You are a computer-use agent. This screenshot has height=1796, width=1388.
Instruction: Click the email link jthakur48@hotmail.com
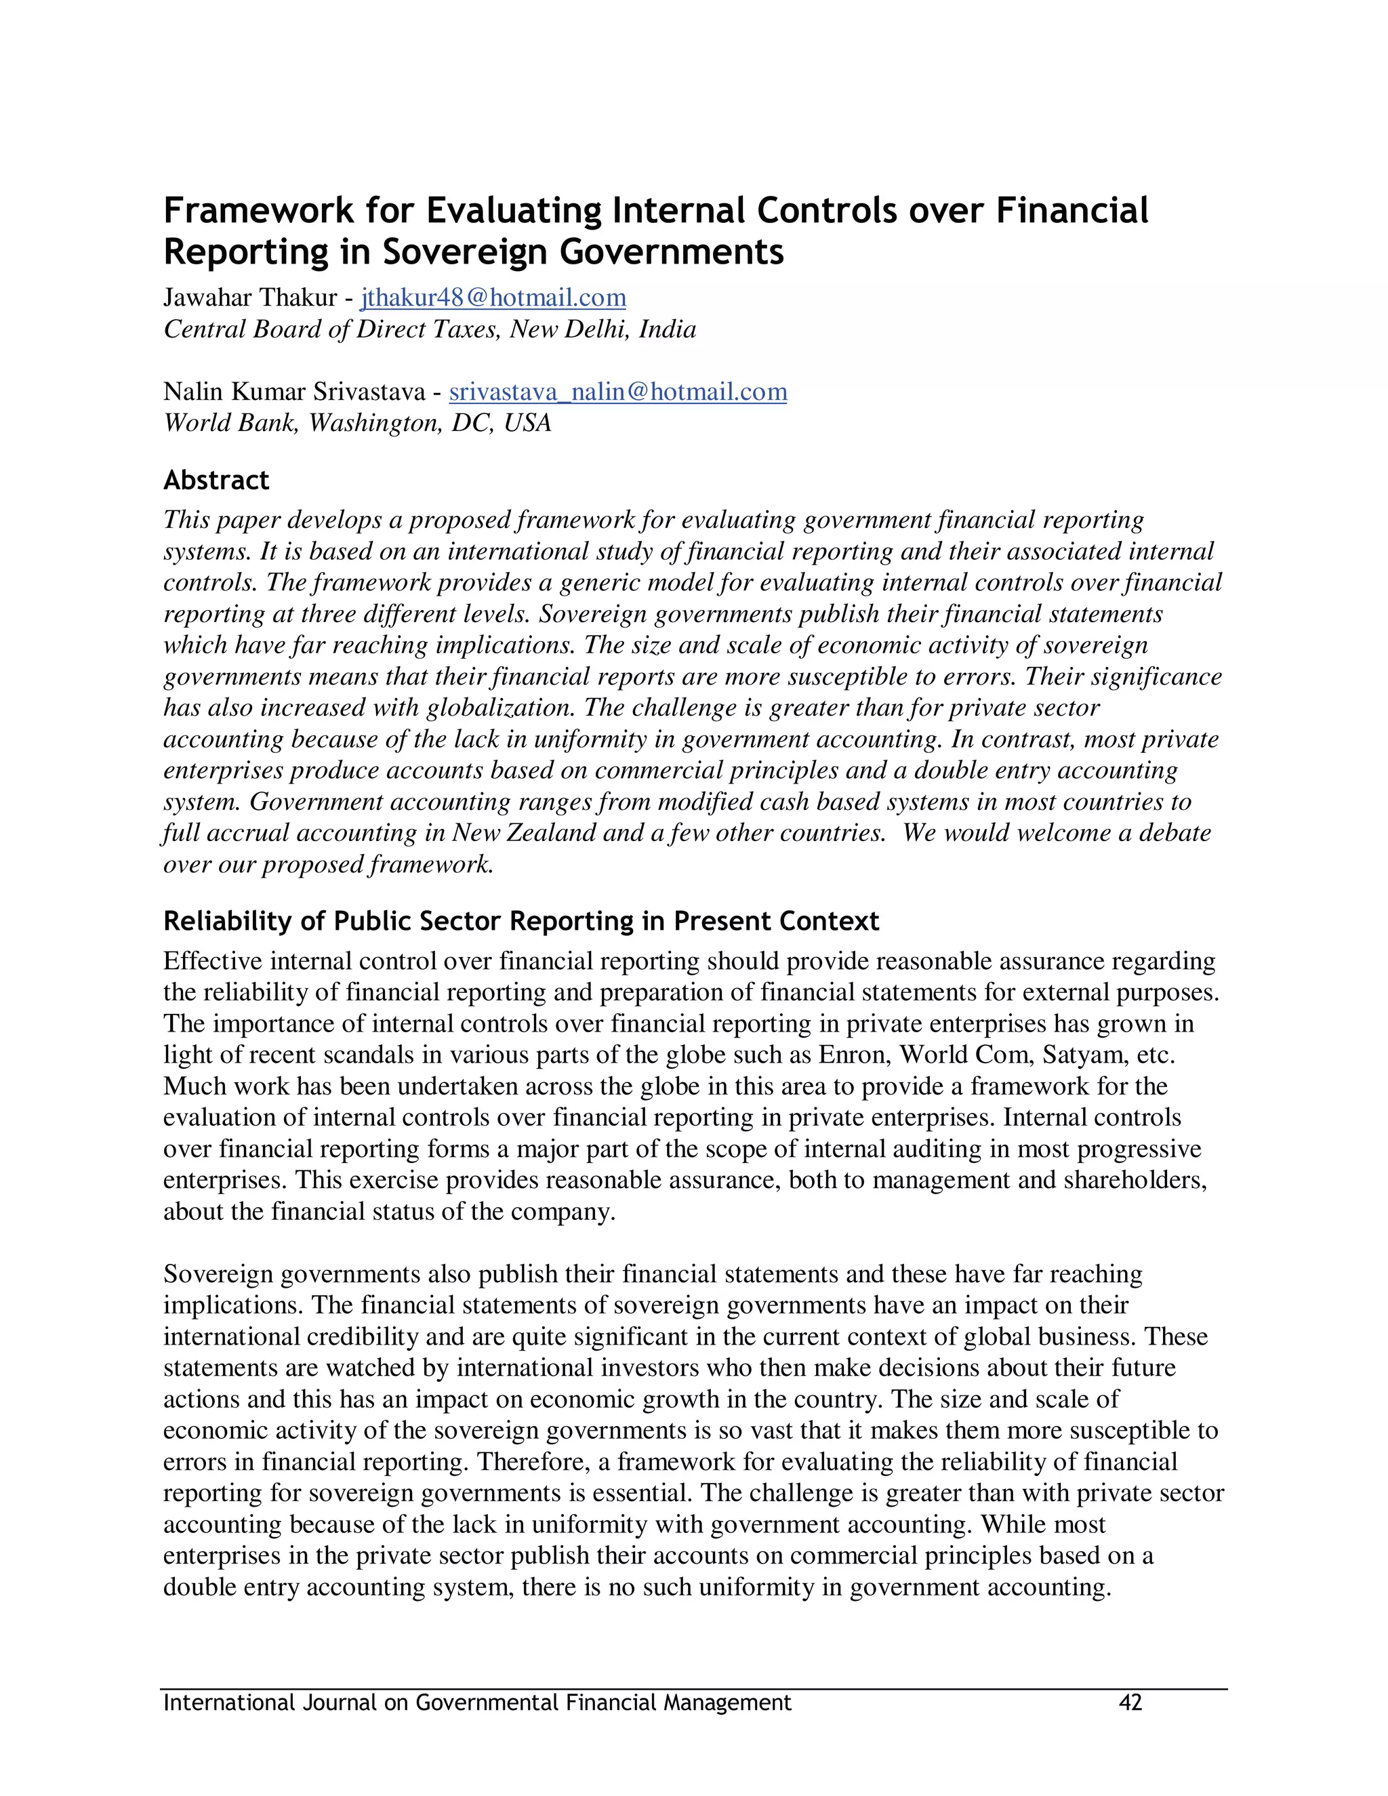click(x=493, y=298)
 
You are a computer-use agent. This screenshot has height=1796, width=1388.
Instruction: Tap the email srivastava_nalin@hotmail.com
click(x=617, y=392)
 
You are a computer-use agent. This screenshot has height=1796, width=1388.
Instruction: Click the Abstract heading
click(x=216, y=481)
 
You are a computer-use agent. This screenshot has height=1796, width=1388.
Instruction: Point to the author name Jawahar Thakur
click(x=250, y=298)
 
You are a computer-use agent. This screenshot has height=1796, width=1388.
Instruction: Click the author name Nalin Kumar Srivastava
click(x=293, y=392)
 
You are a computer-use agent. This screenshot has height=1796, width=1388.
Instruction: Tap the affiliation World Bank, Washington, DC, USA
click(x=357, y=423)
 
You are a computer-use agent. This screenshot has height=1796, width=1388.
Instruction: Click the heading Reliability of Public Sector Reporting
click(x=520, y=921)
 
